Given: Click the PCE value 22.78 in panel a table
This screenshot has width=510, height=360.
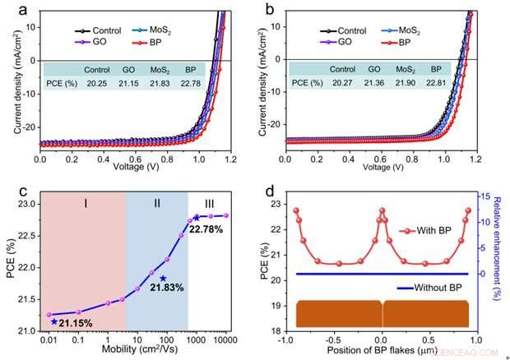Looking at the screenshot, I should (x=192, y=83).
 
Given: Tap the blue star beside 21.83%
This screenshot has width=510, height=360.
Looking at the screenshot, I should (x=163, y=279).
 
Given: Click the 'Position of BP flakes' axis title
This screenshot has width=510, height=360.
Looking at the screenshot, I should (x=380, y=350).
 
